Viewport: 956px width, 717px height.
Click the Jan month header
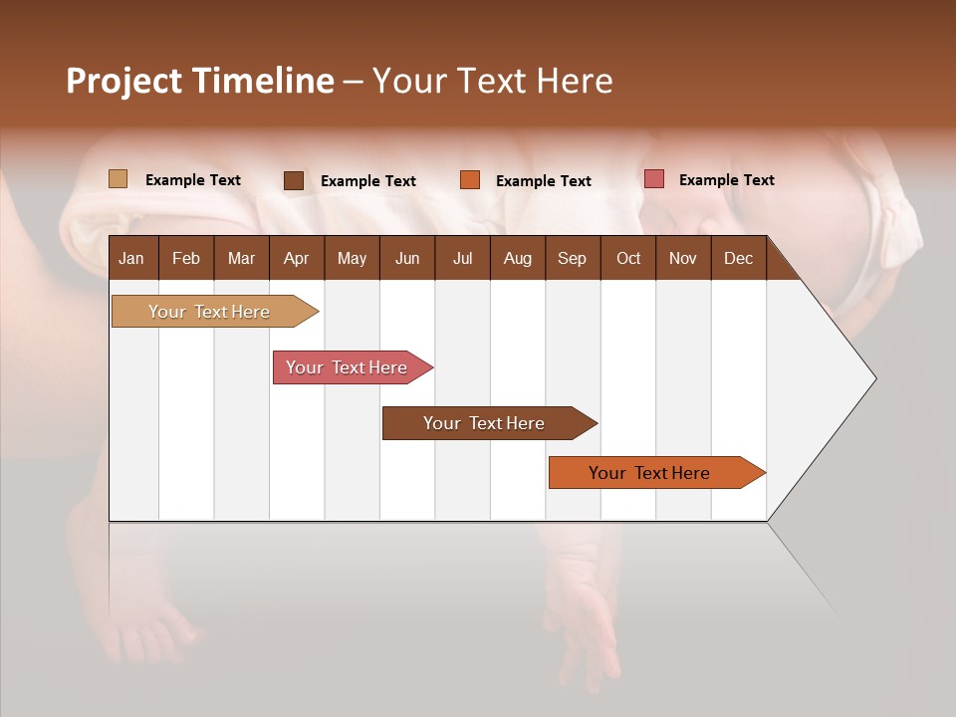point(131,258)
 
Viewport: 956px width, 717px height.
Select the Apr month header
point(296,258)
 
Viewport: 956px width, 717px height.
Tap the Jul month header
point(462,258)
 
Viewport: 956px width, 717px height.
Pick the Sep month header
point(572,258)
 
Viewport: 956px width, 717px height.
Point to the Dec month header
point(738,258)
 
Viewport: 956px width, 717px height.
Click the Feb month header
point(186,258)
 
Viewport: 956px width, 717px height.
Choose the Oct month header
point(628,258)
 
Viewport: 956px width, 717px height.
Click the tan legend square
point(118,179)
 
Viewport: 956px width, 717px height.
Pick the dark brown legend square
point(293,180)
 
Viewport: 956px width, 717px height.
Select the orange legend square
point(469,179)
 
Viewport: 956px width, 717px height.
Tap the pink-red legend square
point(653,179)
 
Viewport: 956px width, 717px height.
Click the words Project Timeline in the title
point(200,81)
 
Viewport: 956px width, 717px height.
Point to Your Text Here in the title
point(492,81)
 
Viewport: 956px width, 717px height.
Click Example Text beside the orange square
point(544,181)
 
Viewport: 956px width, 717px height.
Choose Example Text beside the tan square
point(193,180)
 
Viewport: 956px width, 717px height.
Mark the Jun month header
point(407,258)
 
